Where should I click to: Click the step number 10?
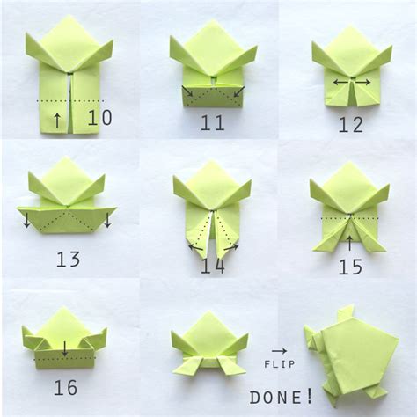(99, 117)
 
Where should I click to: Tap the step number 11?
(212, 122)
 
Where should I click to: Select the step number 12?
(350, 124)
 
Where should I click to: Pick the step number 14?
(211, 265)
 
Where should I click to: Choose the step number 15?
(350, 266)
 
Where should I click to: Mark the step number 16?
(64, 387)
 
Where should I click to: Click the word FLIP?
(279, 363)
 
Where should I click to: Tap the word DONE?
(281, 398)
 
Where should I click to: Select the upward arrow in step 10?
(57, 119)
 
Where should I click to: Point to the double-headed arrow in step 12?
(351, 83)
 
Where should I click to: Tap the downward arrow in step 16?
(64, 348)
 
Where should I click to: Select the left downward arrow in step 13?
(27, 220)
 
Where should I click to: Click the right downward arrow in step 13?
(106, 220)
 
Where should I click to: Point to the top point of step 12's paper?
(351, 26)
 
